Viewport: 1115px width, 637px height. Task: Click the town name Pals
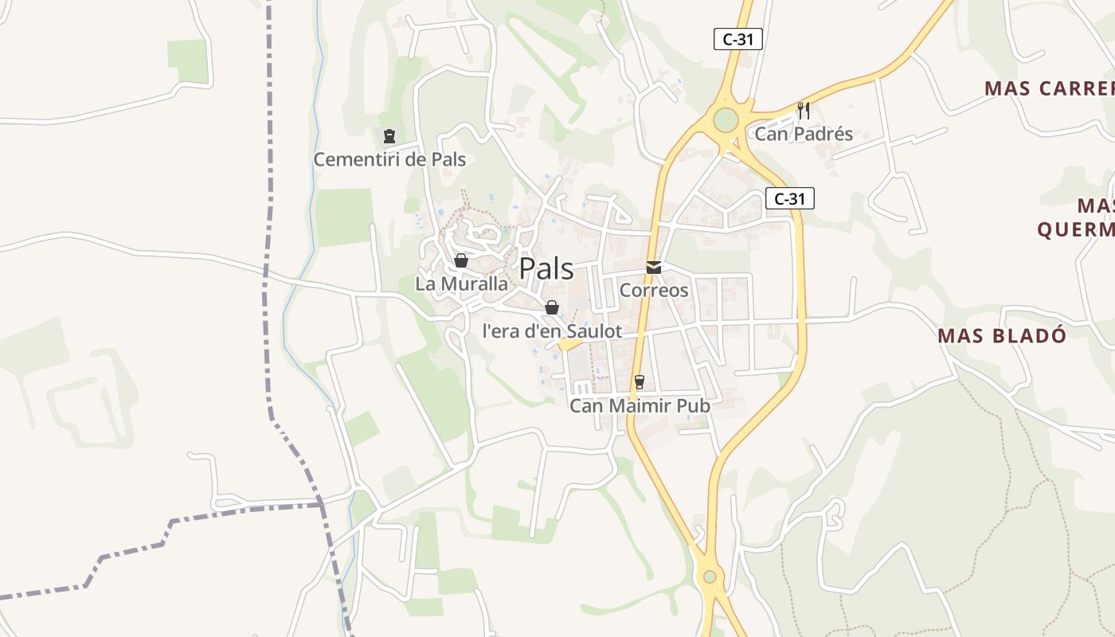[x=546, y=268]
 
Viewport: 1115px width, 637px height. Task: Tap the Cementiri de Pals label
[x=389, y=159]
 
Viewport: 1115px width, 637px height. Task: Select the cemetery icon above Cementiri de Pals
[x=389, y=136]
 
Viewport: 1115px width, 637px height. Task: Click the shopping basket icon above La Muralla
[x=460, y=260]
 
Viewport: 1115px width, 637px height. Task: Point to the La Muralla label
[x=461, y=283]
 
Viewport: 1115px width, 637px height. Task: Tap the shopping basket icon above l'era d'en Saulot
[x=552, y=307]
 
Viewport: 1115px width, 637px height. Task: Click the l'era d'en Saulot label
[x=552, y=331]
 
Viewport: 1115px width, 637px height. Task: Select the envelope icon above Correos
[x=654, y=268]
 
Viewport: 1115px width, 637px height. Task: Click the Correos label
[x=654, y=290]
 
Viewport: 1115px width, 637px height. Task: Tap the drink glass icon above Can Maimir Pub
[x=639, y=382]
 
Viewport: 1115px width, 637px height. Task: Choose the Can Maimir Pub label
[x=640, y=406]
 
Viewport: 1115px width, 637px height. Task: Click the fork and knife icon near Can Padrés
[x=804, y=110]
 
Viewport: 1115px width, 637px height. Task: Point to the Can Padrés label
[x=804, y=134]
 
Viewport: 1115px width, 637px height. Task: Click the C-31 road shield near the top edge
[x=738, y=39]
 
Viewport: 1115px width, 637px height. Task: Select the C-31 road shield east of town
[x=790, y=199]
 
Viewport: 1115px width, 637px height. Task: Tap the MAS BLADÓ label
[x=1002, y=335]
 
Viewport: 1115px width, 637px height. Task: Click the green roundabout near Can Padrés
[x=726, y=120]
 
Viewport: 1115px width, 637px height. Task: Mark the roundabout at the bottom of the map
[x=710, y=576]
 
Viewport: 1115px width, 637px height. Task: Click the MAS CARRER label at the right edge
[x=1049, y=88]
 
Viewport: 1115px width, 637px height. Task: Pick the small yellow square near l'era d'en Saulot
[x=568, y=344]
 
